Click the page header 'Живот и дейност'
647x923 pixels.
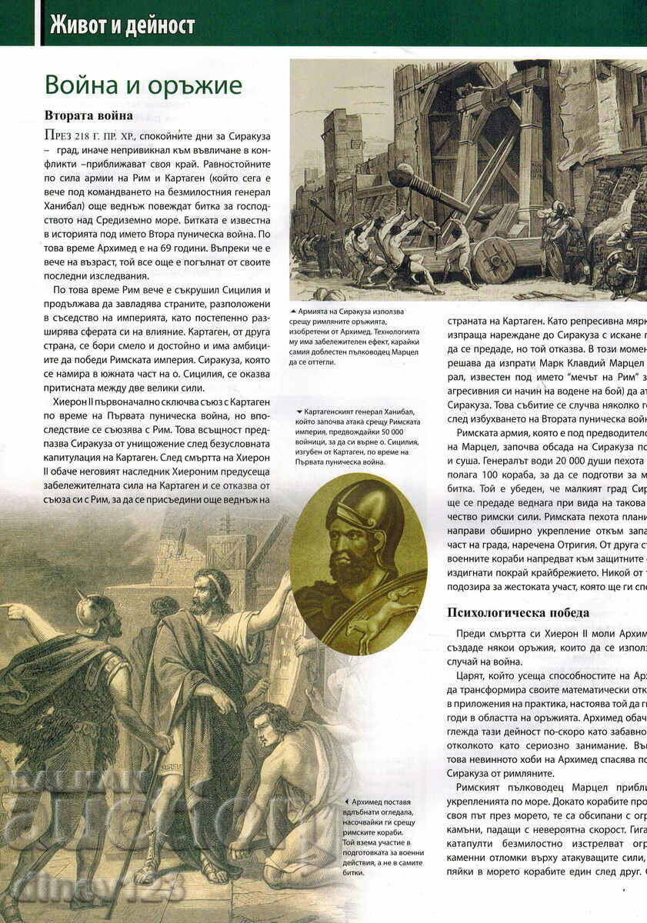coord(122,25)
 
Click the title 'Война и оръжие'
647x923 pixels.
coord(143,85)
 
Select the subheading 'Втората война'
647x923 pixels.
coord(88,115)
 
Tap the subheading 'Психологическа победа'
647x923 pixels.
coord(518,612)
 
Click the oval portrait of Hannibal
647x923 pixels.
coord(358,565)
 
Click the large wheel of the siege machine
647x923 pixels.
coord(493,258)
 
